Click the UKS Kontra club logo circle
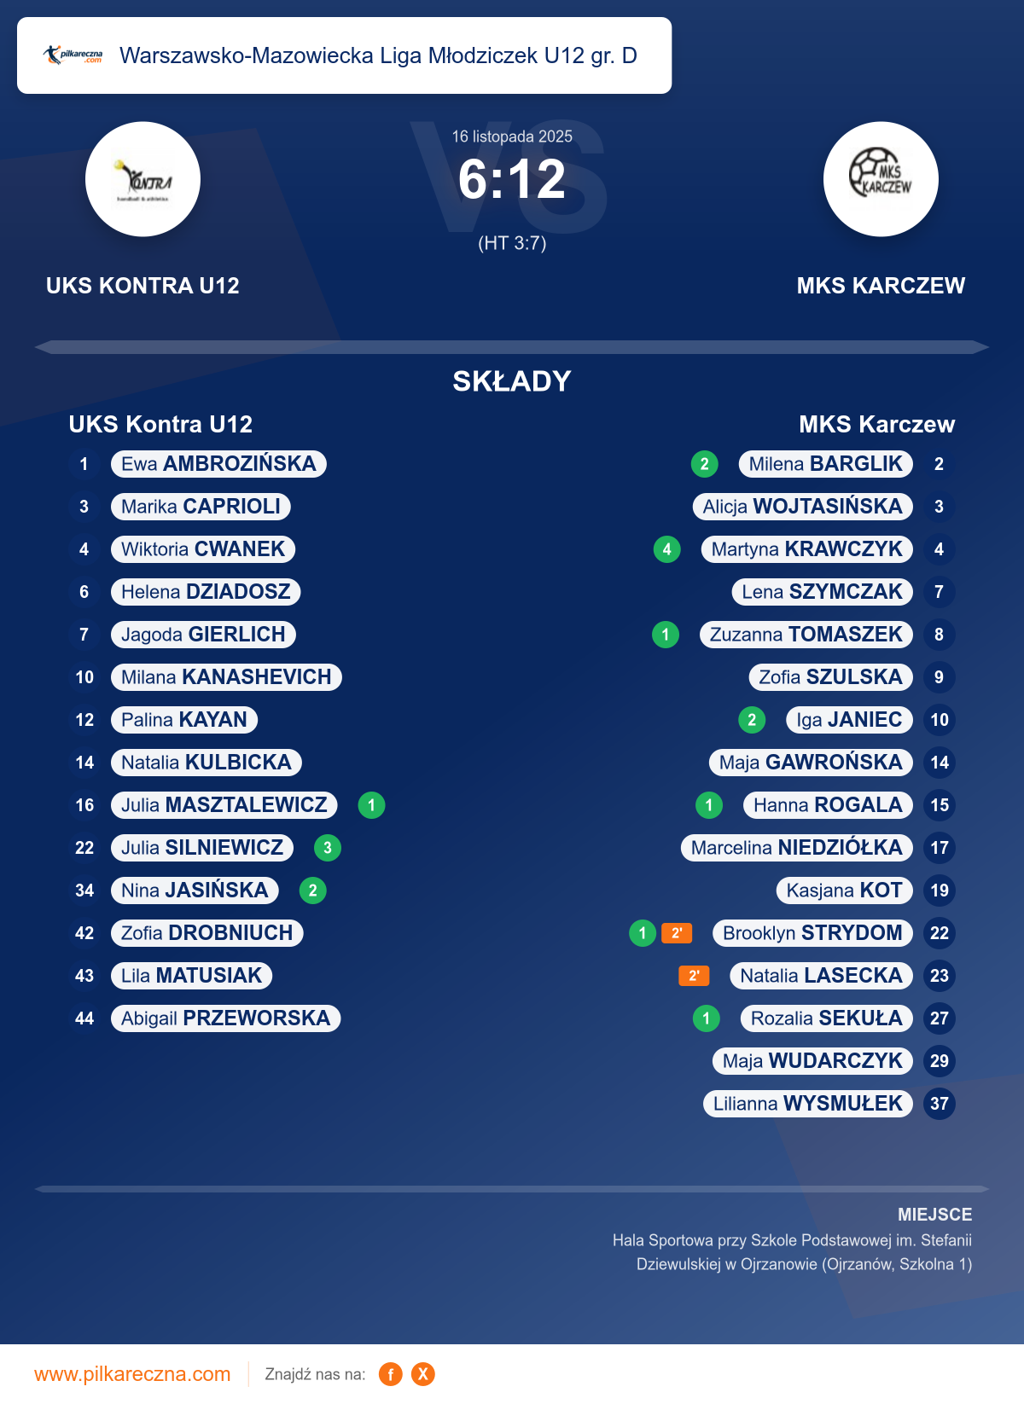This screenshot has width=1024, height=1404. (143, 179)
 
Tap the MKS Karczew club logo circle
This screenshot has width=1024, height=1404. (881, 179)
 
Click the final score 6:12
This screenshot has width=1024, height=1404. (512, 180)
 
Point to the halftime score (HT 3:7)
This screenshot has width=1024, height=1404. (512, 243)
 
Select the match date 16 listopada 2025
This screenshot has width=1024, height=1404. (512, 136)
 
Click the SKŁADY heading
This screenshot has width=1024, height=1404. (512, 381)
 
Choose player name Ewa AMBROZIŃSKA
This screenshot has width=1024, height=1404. (218, 464)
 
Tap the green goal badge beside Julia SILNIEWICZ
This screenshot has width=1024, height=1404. (328, 848)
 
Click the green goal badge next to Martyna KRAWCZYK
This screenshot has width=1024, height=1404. (667, 549)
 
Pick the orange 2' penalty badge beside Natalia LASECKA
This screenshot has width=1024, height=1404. (694, 976)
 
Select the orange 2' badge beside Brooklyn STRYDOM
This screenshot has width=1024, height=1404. (677, 933)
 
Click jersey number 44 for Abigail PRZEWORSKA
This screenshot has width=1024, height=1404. (84, 1018)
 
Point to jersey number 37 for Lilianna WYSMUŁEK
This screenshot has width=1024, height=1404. (940, 1104)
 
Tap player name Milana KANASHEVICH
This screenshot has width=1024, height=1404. (226, 677)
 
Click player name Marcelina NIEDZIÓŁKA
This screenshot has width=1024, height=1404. (796, 848)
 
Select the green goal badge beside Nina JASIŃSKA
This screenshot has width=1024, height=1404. (313, 891)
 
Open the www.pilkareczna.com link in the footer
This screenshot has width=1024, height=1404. (132, 1374)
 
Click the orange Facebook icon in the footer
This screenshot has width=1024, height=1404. (391, 1374)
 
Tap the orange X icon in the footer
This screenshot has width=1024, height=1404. (423, 1374)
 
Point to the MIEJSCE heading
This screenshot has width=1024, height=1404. (934, 1215)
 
